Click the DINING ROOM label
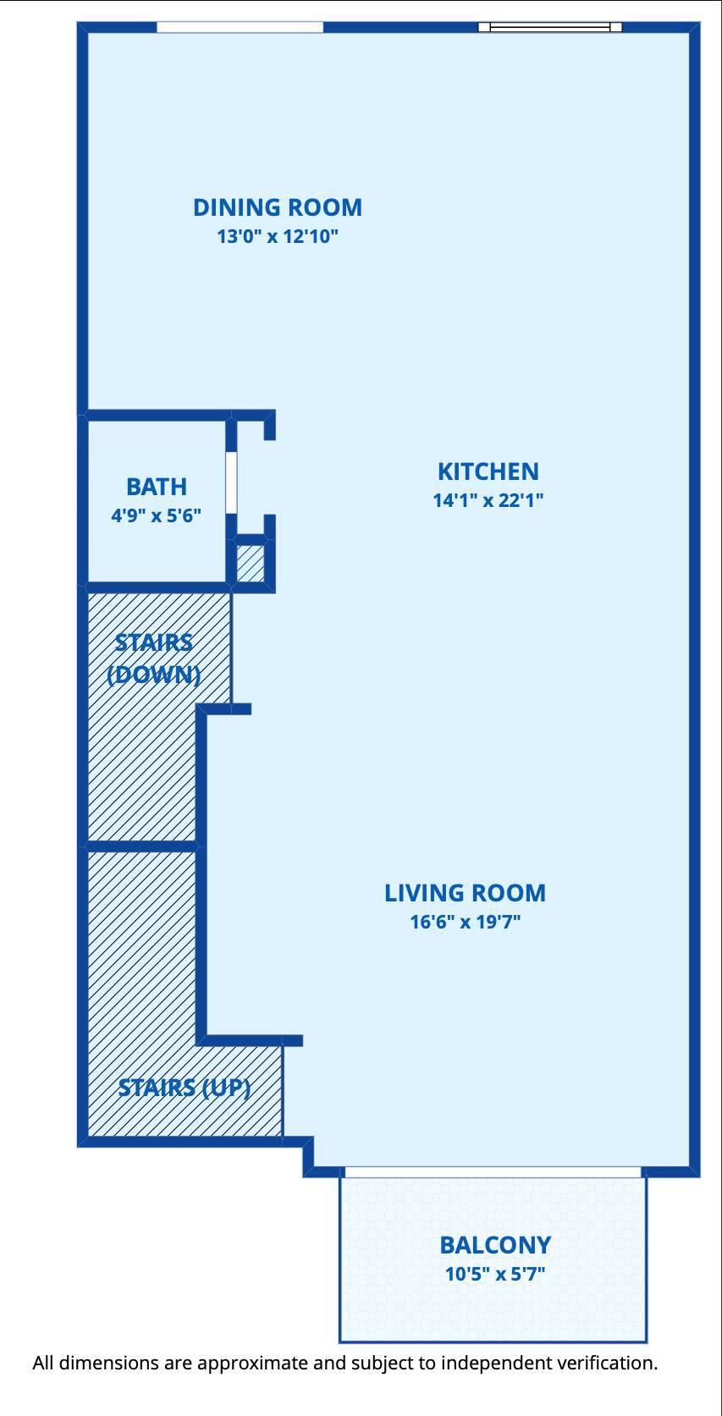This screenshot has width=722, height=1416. [x=278, y=207]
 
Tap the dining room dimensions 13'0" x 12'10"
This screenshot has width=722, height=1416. [x=278, y=236]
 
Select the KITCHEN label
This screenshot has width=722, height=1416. [x=488, y=471]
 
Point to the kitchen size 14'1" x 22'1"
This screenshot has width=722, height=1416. [x=488, y=500]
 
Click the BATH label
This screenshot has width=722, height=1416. [x=156, y=487]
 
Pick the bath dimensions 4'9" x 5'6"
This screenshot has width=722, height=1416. [x=156, y=515]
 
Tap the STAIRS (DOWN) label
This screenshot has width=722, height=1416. [x=154, y=658]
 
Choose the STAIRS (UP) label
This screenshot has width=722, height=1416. [x=185, y=1088]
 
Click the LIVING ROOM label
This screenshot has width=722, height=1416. [x=465, y=893]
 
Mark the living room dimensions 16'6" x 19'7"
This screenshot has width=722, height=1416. [x=465, y=922]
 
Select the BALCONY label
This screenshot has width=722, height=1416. [x=495, y=1245]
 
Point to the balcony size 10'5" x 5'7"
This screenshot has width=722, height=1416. [x=495, y=1274]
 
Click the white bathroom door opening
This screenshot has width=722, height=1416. [x=231, y=482]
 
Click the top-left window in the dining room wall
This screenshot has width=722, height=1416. [x=240, y=27]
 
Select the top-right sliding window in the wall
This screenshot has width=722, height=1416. [x=550, y=27]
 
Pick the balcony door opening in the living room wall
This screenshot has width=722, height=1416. [x=493, y=1172]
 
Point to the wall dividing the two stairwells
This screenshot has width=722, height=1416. [x=142, y=845]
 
